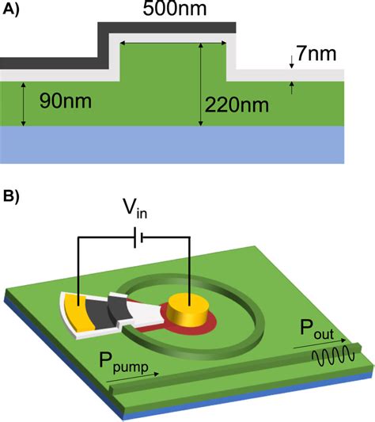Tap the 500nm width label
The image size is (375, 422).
[x=172, y=12]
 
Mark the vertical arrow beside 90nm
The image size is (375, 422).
[x=24, y=103]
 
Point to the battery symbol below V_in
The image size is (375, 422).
[x=134, y=236]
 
